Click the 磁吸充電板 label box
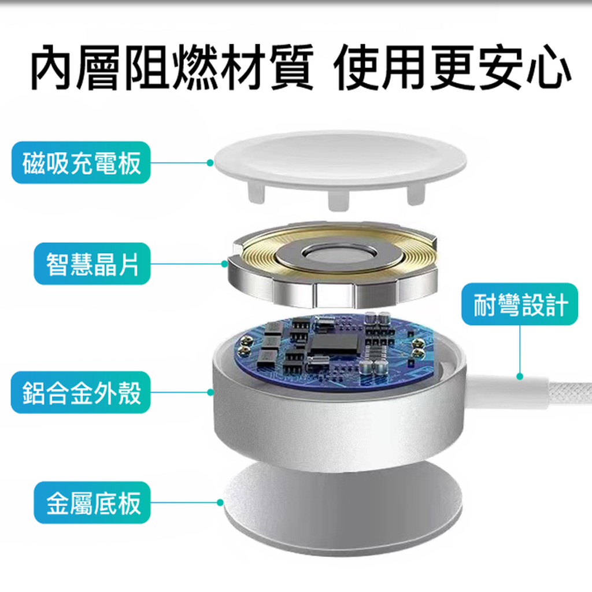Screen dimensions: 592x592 pyautogui.click(x=81, y=162)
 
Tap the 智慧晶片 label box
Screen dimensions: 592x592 pyautogui.click(x=92, y=264)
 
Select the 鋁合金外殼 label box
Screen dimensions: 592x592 pyautogui.click(x=81, y=393)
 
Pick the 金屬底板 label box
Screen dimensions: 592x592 pyautogui.click(x=92, y=502)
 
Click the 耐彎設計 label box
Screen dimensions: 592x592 pyautogui.click(x=520, y=304)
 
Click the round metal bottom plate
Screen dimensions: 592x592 pyautogui.click(x=342, y=510)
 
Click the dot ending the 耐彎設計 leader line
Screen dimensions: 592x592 pyautogui.click(x=520, y=376)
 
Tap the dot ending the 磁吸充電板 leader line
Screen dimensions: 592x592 pyautogui.click(x=210, y=162)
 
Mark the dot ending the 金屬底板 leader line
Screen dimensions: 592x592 pyautogui.click(x=220, y=502)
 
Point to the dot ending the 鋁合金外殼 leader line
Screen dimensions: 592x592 pyautogui.click(x=210, y=393)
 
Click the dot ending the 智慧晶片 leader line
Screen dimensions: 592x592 pyautogui.click(x=225, y=264)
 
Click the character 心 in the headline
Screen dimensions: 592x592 pyautogui.click(x=550, y=68)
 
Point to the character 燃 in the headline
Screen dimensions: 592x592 pyautogui.click(x=197, y=68)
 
